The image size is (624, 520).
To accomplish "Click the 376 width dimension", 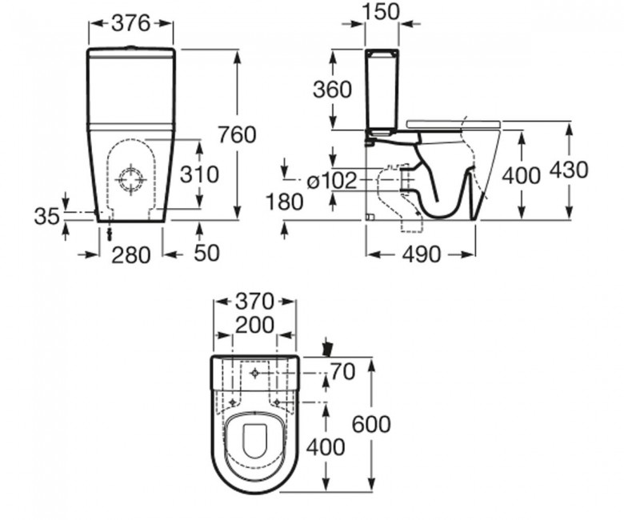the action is point(130,23).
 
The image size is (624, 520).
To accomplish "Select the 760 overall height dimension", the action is point(237,135).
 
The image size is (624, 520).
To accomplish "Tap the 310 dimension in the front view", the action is point(199,174).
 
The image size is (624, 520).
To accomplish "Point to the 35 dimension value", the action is point(46,217).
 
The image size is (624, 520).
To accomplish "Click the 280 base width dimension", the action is point(131,255).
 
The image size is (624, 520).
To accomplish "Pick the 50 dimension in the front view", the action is point(206,253).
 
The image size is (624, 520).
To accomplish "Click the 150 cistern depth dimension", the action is point(381,11).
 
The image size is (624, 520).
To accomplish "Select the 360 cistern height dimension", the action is point(332,89).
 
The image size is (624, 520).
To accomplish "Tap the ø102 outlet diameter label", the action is point(332,181).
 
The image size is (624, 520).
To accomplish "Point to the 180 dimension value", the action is point(284,202).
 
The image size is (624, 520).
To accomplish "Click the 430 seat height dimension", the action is point(569,170).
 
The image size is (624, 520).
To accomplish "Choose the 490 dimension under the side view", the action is point(422,254).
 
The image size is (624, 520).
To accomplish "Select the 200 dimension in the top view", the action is point(254,325).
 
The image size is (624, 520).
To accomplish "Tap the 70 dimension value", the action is point(342,372).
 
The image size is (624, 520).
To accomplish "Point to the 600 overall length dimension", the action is point(371,424).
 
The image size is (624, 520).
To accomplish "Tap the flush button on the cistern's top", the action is point(130,47).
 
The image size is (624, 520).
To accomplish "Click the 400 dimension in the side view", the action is point(521,175).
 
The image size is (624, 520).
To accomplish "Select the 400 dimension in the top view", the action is point(325,447).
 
